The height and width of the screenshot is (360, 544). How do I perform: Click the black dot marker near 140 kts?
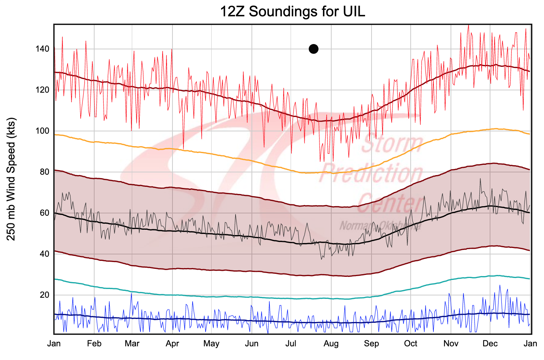click(313, 49)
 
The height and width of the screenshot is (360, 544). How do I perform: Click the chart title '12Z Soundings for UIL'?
click(293, 11)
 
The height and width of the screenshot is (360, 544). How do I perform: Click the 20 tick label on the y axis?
click(44, 295)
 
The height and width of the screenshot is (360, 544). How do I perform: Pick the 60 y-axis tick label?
click(44, 213)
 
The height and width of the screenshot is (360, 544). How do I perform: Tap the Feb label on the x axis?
click(94, 344)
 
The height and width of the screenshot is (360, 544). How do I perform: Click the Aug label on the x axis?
click(331, 344)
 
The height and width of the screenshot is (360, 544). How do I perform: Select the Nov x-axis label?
click(451, 344)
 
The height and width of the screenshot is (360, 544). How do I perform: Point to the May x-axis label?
click(211, 344)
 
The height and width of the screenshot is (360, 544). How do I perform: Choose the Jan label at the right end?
click(530, 344)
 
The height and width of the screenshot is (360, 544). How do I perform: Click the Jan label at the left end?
click(54, 344)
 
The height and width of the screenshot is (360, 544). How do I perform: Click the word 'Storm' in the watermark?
click(392, 144)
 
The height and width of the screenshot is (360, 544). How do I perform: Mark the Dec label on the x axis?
click(490, 344)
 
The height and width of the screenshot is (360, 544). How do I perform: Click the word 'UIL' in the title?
click(354, 11)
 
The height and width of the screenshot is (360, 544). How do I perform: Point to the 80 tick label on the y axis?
click(44, 172)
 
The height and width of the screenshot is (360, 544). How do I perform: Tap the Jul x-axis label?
click(291, 344)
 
